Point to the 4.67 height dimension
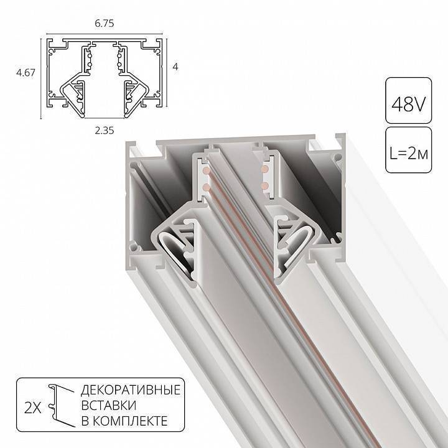[24, 72]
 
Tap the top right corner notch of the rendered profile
[339, 138]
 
